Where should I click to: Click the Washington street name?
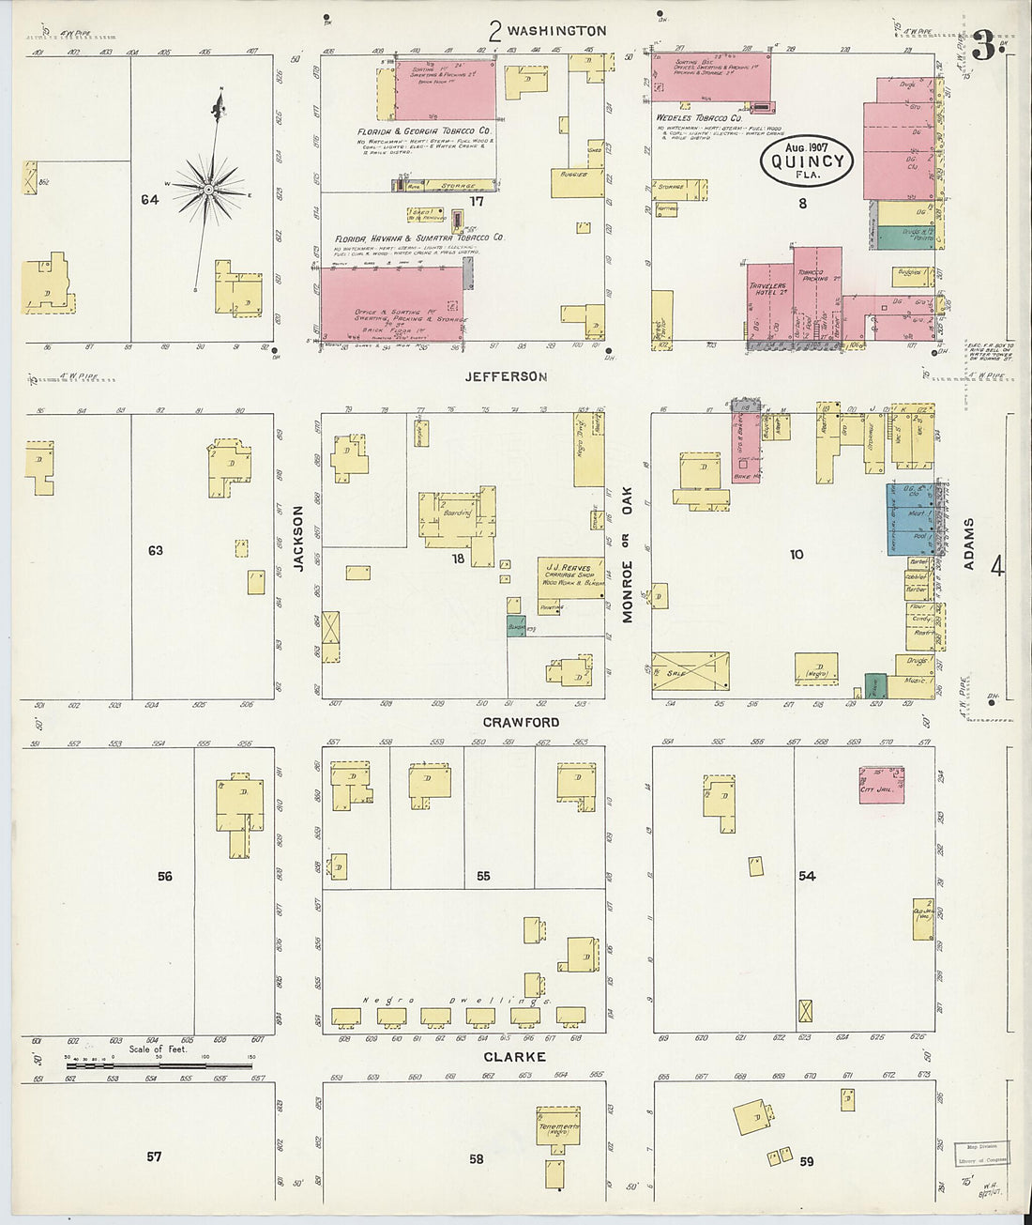[x=556, y=31]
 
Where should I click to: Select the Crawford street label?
[x=521, y=722]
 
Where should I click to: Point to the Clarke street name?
[x=515, y=1057]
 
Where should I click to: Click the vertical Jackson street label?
[x=298, y=540]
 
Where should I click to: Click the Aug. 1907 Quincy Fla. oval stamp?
[x=807, y=161]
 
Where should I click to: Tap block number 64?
[x=149, y=200]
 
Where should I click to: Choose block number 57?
[x=154, y=1157]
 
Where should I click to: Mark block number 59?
[x=806, y=1161]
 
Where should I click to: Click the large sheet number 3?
[x=982, y=44]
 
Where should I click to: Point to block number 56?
[x=165, y=877]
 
